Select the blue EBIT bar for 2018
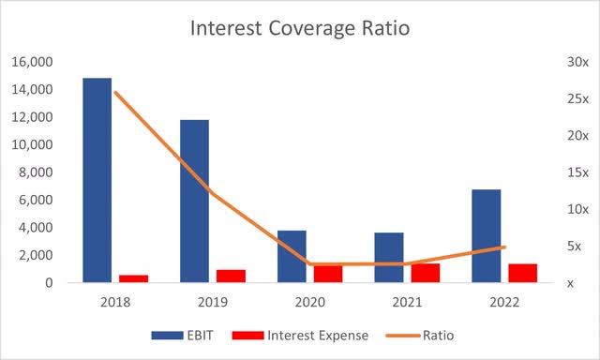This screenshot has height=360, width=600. (x=97, y=179)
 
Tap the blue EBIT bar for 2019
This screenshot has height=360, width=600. (x=194, y=201)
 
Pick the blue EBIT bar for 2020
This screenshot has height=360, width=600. (x=292, y=256)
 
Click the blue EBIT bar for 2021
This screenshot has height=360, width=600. (x=389, y=257)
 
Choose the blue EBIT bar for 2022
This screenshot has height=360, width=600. (x=486, y=235)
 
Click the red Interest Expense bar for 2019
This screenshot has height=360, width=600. (x=231, y=276)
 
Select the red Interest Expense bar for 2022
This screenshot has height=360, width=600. (x=523, y=273)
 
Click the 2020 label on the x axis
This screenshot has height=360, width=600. (x=309, y=303)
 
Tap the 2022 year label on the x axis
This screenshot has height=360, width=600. (x=504, y=303)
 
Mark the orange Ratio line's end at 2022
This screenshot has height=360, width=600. (x=504, y=247)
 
